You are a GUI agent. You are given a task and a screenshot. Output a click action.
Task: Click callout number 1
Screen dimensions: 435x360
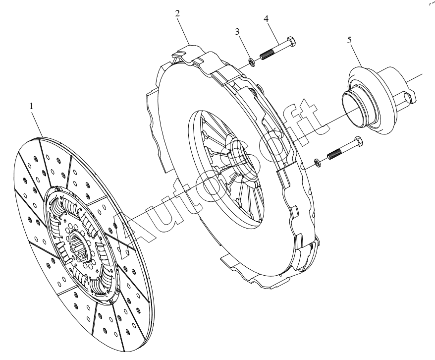tap(32, 106)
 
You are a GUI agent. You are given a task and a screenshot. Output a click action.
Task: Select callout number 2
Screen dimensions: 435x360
tap(177, 13)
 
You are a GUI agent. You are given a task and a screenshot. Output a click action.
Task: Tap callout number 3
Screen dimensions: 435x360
tap(237, 32)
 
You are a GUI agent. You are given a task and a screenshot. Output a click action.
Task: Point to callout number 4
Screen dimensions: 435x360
tap(266, 19)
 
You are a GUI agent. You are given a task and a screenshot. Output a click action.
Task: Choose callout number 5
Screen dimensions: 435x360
tap(350, 40)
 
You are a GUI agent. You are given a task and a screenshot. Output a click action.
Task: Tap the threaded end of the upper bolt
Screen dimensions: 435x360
tap(267, 54)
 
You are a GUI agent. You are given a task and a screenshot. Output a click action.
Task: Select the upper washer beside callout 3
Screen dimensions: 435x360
tap(252, 62)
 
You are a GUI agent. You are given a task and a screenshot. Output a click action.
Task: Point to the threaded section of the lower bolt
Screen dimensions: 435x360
tap(335, 154)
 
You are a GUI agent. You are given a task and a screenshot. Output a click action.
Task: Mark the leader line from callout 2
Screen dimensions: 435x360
tap(184, 31)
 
